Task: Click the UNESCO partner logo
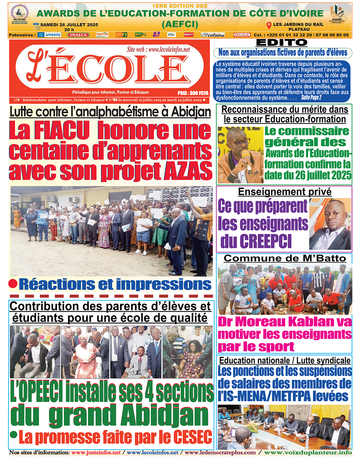[x=49, y=35]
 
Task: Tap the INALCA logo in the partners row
[x=78, y=35]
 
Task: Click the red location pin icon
[x=269, y=25]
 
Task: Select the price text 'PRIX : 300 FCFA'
[x=193, y=93]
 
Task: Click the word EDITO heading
[x=282, y=43]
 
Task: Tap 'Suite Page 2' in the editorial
[x=311, y=98]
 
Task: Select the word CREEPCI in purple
[x=256, y=241]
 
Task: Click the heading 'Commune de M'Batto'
[x=285, y=258]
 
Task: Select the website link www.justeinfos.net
[x=96, y=453]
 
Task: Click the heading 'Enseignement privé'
[x=285, y=192]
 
